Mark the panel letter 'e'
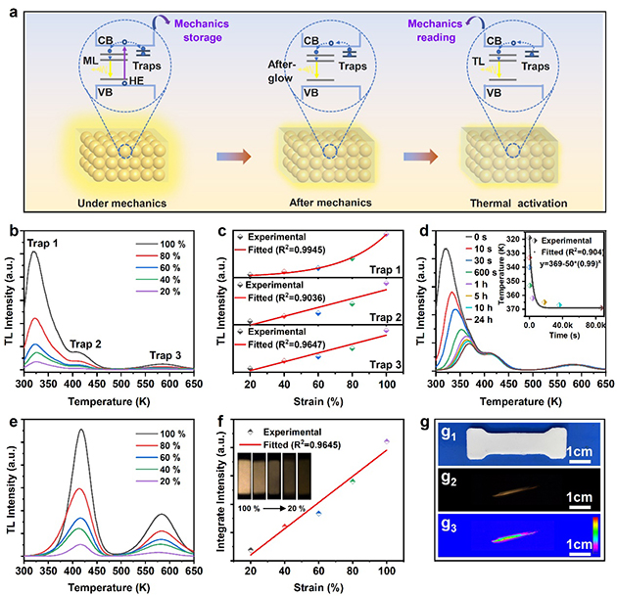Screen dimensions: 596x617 coord(12,399)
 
